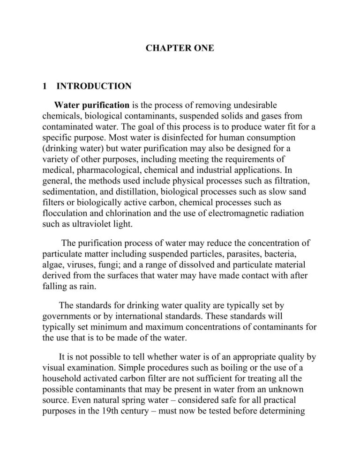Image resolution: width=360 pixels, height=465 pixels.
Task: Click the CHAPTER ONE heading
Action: pos(180,48)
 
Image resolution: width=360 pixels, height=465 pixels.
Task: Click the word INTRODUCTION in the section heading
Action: pos(94,86)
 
